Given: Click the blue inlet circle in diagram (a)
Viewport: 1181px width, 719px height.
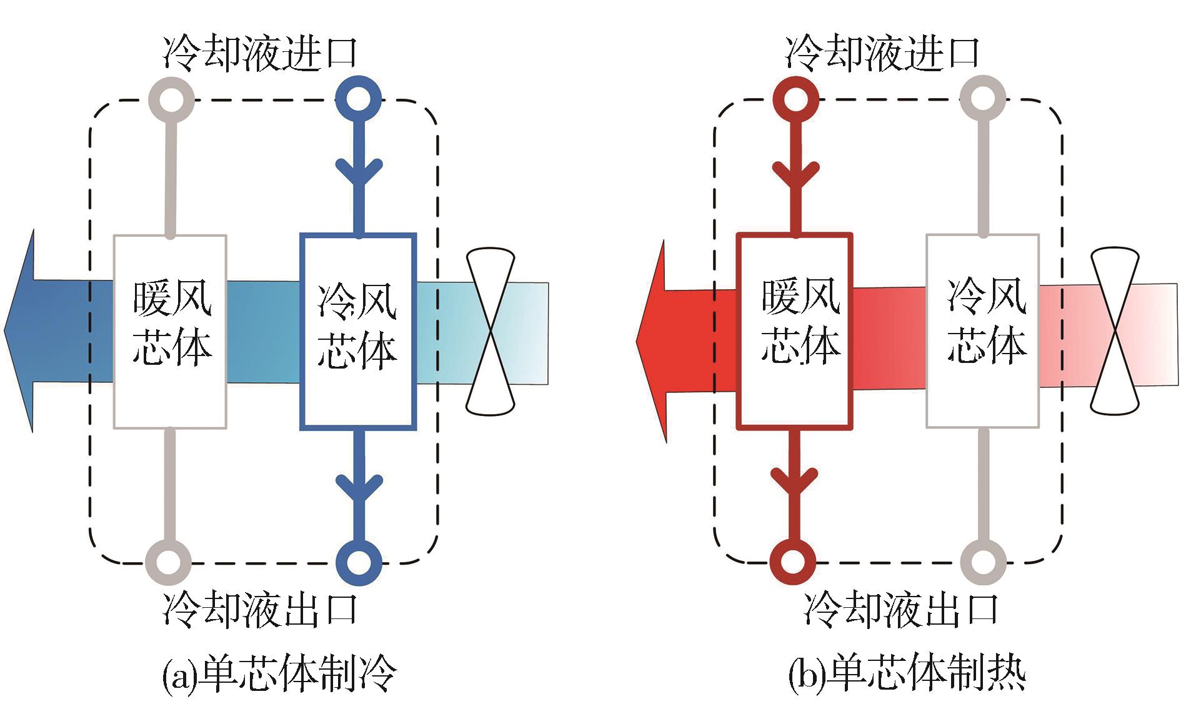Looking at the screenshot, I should (x=358, y=99).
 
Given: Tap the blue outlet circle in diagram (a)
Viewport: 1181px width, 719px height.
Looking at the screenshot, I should (x=358, y=560).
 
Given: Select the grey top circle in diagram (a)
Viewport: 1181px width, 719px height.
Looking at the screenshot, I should (x=172, y=99).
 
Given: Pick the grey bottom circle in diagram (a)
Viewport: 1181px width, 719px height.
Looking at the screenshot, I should (x=167, y=560).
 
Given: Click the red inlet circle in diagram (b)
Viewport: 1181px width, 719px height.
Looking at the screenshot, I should (x=795, y=99).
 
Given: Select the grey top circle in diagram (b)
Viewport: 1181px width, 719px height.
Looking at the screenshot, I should (x=983, y=99).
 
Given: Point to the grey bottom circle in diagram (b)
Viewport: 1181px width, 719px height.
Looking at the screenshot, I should (x=983, y=560).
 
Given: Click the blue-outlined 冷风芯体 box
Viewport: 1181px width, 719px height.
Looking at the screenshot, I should (x=358, y=331).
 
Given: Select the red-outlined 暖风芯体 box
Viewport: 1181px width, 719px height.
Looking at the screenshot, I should (x=794, y=331).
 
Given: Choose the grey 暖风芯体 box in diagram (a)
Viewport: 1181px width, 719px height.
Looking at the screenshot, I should (x=170, y=331).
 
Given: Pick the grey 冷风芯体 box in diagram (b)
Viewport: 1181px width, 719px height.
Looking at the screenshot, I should (x=982, y=331).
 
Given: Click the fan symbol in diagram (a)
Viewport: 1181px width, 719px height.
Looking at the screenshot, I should (x=491, y=331).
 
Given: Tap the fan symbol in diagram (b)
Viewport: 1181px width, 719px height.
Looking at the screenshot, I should (x=1115, y=331).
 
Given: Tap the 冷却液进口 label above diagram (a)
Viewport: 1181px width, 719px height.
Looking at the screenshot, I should (x=259, y=53).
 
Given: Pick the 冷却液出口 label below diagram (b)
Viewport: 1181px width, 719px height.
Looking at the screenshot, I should (x=900, y=609).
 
